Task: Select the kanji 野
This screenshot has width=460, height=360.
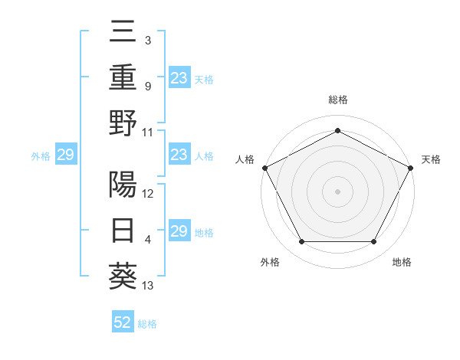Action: pos(123,123)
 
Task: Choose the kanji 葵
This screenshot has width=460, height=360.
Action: pos(123,277)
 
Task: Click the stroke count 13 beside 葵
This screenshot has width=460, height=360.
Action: pos(148,286)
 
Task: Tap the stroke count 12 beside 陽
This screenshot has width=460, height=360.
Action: pos(148,194)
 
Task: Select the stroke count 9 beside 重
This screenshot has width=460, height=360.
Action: pos(147,87)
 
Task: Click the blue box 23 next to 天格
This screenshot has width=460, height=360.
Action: pos(179,77)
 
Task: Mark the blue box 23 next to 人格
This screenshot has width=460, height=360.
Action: pos(179,155)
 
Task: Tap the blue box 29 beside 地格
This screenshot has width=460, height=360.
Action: pos(179,232)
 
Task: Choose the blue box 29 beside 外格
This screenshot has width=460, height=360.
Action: pos(65,155)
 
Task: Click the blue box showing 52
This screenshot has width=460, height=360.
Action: pos(123,322)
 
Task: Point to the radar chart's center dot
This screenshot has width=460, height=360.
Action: pos(337,191)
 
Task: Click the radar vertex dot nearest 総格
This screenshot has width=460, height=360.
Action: pos(337,130)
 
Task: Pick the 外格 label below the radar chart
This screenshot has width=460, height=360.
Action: pos(270,263)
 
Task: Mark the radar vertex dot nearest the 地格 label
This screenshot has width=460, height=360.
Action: pos(373,242)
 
